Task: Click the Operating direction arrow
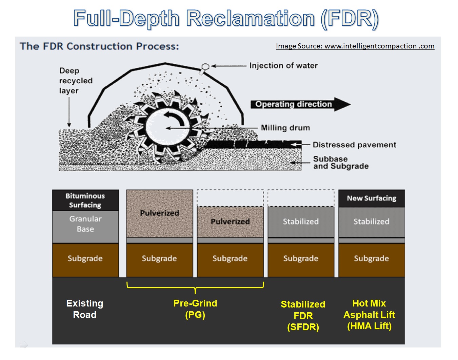(300, 104)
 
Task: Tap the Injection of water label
(283, 66)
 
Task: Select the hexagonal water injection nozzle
(205, 67)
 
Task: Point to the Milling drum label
(285, 128)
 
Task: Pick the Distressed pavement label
(354, 145)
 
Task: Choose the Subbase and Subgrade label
(341, 163)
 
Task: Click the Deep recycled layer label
(76, 81)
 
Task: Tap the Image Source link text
(355, 46)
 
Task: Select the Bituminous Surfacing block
(85, 200)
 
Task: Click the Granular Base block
(85, 224)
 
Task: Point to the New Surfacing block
(372, 198)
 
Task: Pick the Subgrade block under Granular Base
(85, 259)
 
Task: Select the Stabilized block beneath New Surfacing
(372, 222)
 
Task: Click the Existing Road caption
(85, 309)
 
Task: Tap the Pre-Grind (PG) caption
(195, 309)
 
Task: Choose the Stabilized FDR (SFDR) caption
(303, 316)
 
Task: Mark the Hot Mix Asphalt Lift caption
(369, 315)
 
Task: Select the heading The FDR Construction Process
(99, 46)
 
